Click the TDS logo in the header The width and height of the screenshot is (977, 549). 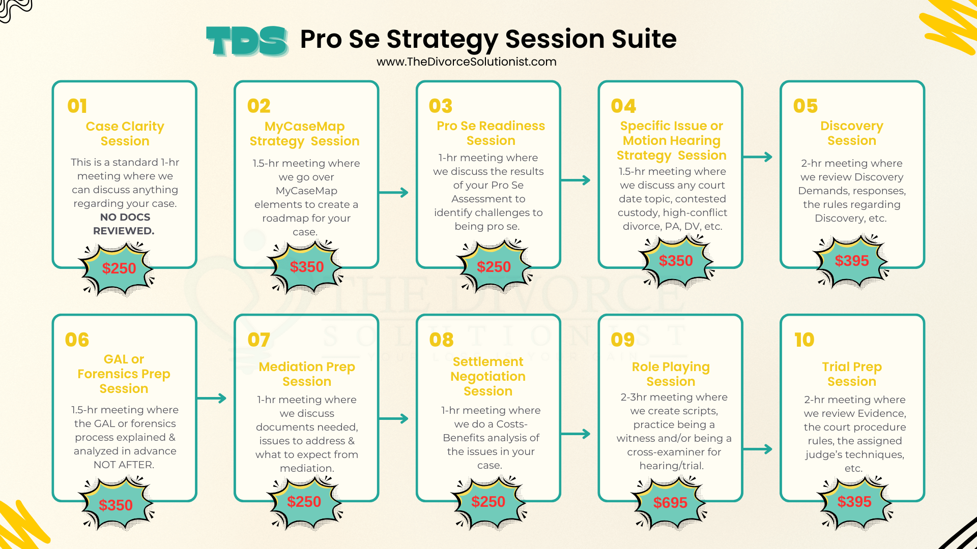pyautogui.click(x=247, y=41)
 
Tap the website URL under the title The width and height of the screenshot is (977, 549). pyautogui.click(x=467, y=62)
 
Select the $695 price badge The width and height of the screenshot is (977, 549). pyautogui.click(x=670, y=503)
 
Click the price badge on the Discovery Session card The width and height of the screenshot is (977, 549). pyautogui.click(x=852, y=261)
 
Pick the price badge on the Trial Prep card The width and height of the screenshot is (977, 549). pyautogui.click(x=854, y=502)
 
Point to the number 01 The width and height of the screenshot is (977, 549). pyautogui.click(x=77, y=106)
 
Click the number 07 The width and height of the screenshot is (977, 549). pyautogui.click(x=258, y=340)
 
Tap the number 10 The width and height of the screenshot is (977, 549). pyautogui.click(x=804, y=340)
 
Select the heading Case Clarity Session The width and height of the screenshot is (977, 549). pyautogui.click(x=125, y=134)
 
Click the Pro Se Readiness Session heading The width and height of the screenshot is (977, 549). pyautogui.click(x=491, y=133)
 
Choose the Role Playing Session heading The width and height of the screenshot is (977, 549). pyautogui.click(x=671, y=374)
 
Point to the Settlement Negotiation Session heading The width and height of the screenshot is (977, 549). pyautogui.click(x=488, y=376)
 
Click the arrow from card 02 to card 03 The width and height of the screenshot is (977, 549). pyautogui.click(x=394, y=193)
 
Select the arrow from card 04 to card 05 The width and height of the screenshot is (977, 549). pyautogui.click(x=758, y=157)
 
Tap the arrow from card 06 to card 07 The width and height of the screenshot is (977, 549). pyautogui.click(x=212, y=398)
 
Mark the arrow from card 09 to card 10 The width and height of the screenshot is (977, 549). pyautogui.click(x=758, y=449)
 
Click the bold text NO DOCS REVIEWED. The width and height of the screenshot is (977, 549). pyautogui.click(x=125, y=224)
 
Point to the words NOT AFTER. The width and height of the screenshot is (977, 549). pyautogui.click(x=124, y=465)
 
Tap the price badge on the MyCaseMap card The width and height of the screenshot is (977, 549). pyautogui.click(x=306, y=267)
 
